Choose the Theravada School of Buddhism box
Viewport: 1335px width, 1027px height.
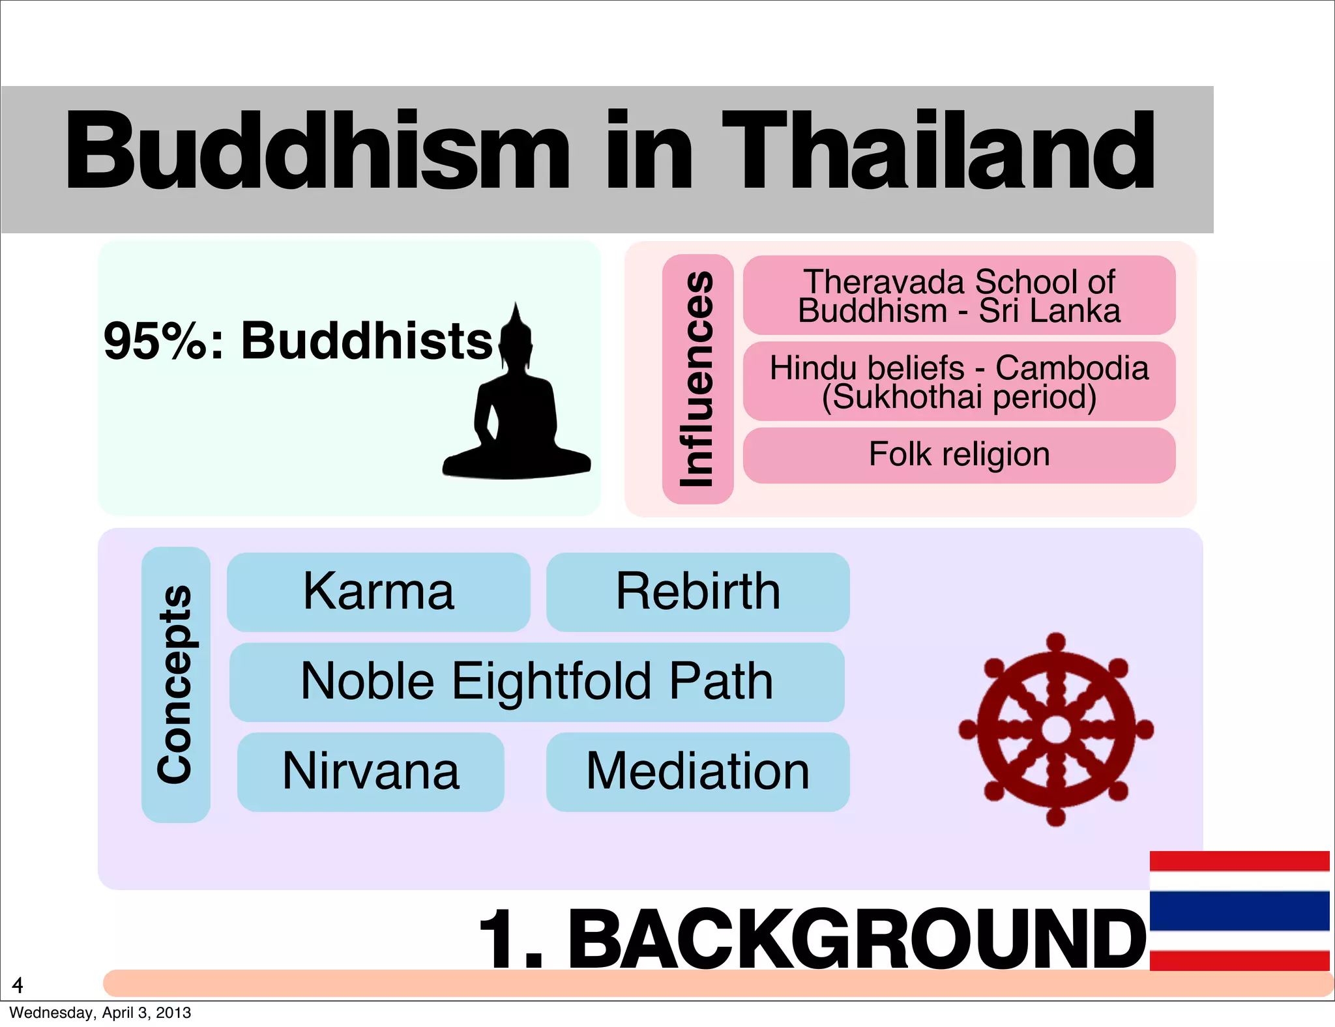tap(959, 295)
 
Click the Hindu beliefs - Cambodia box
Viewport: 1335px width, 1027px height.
tap(959, 381)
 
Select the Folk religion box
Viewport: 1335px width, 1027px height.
tap(959, 455)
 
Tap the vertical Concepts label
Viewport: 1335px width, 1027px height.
tap(175, 684)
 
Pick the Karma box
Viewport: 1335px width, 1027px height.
tap(379, 592)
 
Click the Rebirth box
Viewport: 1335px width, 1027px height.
tap(697, 592)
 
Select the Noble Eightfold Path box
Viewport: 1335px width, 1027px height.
tap(536, 682)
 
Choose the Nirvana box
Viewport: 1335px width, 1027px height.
tap(370, 772)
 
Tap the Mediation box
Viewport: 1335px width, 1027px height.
tap(697, 772)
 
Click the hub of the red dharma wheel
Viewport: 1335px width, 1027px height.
tap(1055, 729)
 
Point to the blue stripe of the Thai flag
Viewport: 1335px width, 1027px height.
tap(1239, 911)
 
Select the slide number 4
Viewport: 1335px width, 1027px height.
tap(18, 985)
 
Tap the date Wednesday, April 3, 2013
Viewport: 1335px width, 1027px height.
tap(100, 1013)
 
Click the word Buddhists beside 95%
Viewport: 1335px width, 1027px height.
tap(366, 341)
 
